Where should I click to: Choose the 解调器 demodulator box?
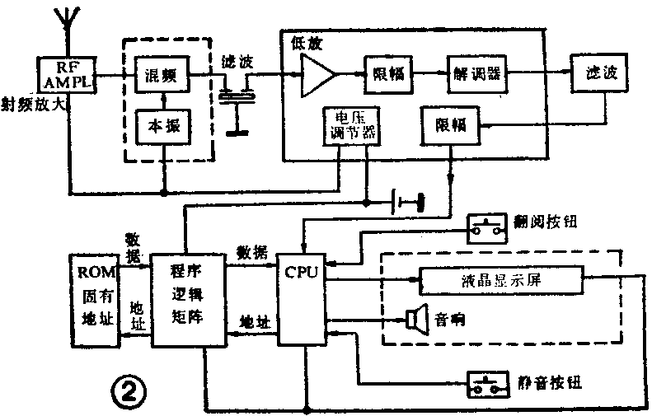(475, 75)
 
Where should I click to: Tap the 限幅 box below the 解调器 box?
(449, 125)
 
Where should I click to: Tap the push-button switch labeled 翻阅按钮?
(487, 227)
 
